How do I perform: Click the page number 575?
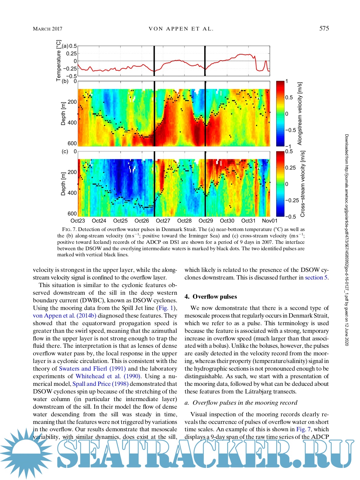pos(324,29)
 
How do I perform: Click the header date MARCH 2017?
pos(48,29)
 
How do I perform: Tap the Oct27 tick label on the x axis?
pos(163,221)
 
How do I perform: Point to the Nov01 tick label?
pos(270,221)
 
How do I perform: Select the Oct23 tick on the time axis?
pos(78,221)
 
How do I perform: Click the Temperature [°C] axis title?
pos(58,61)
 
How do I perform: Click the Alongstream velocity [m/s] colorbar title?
pos(300,113)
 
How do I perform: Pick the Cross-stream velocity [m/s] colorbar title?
pos(302,184)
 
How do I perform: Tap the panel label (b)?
pos(65,81)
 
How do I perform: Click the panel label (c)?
pos(65,151)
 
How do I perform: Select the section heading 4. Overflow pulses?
pos(210,297)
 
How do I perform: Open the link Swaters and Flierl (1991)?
pos(92,369)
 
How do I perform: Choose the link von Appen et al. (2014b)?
pos(65,316)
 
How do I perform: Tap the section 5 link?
pos(316,278)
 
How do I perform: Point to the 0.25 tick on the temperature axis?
pos(72,54)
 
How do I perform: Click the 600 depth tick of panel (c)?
pos(72,214)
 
